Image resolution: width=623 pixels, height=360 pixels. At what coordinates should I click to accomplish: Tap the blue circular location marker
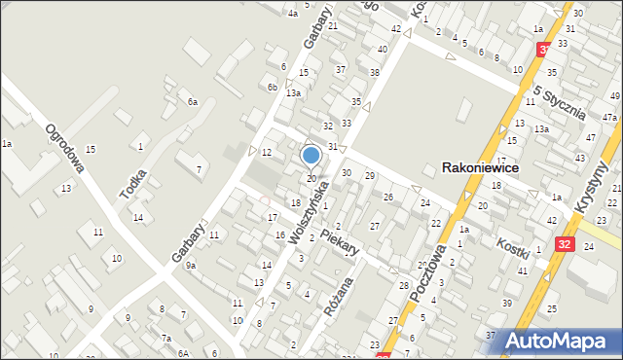tap(311, 155)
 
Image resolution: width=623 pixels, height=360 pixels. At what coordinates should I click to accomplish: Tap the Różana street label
tap(337, 310)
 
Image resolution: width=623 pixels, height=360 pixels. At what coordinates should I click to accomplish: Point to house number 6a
tap(193, 102)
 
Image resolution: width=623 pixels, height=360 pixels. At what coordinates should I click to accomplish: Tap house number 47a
tap(609, 117)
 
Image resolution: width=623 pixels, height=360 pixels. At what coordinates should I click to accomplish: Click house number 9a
tap(192, 265)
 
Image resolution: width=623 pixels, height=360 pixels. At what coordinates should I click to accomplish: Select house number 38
tap(375, 73)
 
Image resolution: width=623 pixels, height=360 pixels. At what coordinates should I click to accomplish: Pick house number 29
tap(370, 175)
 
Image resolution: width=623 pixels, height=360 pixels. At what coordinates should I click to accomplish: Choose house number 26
tap(388, 198)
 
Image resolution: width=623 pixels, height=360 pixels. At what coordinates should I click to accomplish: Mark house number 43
tap(578, 158)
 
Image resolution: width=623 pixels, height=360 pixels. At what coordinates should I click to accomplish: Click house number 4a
tap(292, 14)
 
